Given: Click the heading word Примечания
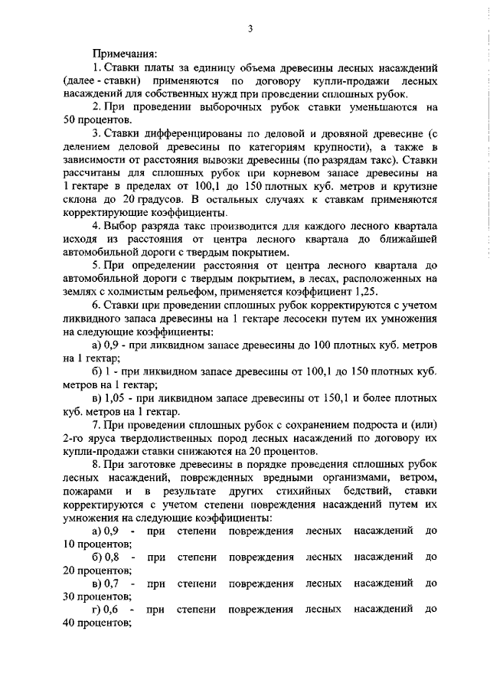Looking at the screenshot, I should (x=125, y=54).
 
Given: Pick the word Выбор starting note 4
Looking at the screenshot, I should (x=120, y=227).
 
